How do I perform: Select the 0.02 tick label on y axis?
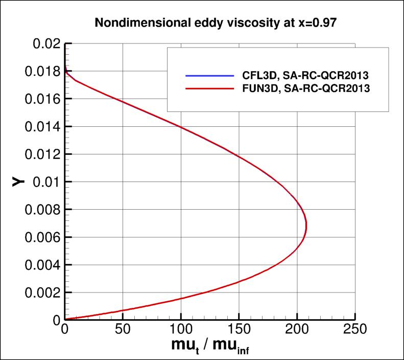pos(45,44)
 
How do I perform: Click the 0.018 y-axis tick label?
pos(40,72)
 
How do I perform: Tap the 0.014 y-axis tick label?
pos(40,127)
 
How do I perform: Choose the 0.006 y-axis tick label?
pos(40,237)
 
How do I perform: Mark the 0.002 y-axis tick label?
pos(40,292)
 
